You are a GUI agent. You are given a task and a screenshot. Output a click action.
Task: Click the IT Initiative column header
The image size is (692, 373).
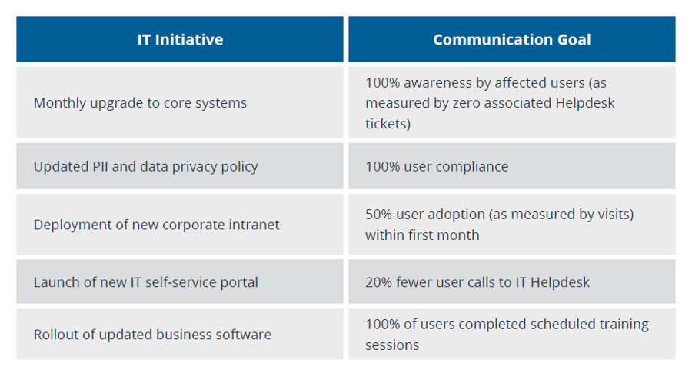(180, 39)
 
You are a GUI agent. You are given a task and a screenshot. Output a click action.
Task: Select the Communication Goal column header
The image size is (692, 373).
(511, 39)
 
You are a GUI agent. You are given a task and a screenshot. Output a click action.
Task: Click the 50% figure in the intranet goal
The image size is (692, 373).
(378, 214)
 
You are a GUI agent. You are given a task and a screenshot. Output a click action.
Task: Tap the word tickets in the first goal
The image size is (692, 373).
(388, 124)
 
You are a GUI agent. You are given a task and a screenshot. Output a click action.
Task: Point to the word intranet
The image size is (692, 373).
(252, 225)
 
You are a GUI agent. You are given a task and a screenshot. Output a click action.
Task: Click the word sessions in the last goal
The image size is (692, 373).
(392, 345)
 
